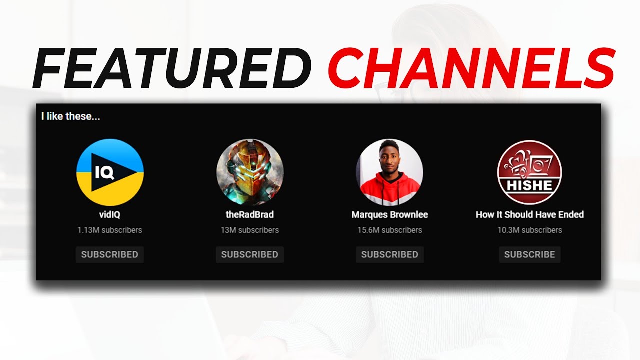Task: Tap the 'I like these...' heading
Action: coord(70,116)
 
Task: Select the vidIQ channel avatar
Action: coord(110,172)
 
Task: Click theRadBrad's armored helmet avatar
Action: coord(250,172)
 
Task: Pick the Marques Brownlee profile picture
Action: coord(389,172)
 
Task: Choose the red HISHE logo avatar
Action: coord(529,172)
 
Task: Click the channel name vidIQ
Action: coord(110,214)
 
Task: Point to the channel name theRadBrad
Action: coord(250,214)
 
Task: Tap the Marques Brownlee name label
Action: coord(389,214)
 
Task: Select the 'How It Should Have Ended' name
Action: coord(529,214)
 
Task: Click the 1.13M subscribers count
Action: coord(110,230)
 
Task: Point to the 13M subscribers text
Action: coord(250,230)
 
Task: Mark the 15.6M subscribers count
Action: coord(389,230)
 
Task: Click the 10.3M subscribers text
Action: coord(529,230)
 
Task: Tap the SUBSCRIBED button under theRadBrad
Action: coord(250,254)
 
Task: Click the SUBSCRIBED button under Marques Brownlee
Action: coord(389,254)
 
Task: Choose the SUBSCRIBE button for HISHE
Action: coord(529,254)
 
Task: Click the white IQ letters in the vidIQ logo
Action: coord(105,173)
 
